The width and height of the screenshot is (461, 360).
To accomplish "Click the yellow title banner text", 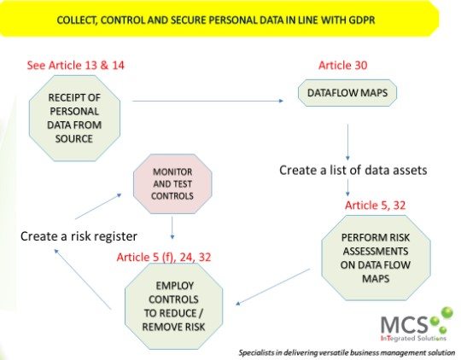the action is (x=216, y=20).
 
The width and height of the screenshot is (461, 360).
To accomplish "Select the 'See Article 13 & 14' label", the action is (x=76, y=65).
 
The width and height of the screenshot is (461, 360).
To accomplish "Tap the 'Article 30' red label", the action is (x=343, y=65).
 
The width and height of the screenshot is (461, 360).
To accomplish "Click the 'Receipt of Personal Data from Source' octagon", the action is (x=74, y=118).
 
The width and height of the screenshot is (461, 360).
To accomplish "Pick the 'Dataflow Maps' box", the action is (x=347, y=93).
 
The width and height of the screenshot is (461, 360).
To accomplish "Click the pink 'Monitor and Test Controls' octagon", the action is (x=172, y=184).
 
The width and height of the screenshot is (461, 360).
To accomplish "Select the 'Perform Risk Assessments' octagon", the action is (x=376, y=258).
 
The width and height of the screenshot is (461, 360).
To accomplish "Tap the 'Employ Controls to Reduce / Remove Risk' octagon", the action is (x=173, y=306).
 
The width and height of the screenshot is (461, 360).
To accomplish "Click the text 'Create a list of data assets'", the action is (x=353, y=170).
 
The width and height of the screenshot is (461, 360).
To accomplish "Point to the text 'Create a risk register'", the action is (x=79, y=236).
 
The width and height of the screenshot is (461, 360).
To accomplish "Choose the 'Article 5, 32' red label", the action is (x=375, y=205).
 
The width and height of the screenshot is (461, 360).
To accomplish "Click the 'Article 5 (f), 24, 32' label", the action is (x=164, y=257).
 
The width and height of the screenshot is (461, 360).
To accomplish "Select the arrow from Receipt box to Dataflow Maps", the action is (x=207, y=101).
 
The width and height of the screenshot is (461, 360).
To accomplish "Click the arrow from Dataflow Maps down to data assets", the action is (x=347, y=142).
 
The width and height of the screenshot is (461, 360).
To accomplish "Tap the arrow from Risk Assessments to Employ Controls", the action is (x=273, y=287).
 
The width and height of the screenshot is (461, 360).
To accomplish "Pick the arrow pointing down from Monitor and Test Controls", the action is (x=172, y=228).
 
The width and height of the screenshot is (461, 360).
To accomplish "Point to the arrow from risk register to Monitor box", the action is (x=98, y=206).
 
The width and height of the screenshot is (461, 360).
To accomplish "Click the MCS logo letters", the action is (x=404, y=325).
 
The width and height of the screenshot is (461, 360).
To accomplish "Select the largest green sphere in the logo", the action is (x=447, y=312).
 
